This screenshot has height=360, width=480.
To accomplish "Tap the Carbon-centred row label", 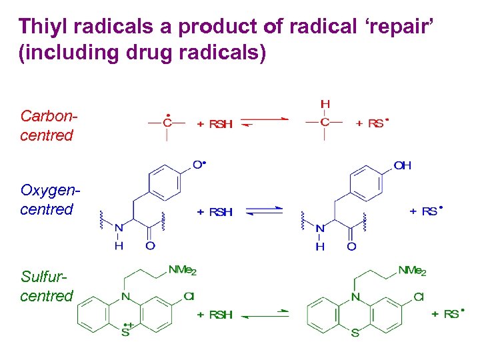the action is click(47, 125).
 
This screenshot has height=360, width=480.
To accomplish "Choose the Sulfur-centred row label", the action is click(47, 285).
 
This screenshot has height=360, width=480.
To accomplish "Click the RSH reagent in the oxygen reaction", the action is click(219, 212).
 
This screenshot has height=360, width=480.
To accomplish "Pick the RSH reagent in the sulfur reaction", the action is click(219, 314).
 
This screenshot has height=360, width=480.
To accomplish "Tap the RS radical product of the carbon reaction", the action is click(377, 123).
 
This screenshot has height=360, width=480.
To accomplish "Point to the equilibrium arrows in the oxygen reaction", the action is click(265, 212).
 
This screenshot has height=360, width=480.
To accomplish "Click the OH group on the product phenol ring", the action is click(403, 165).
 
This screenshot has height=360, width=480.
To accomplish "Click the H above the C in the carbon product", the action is click(325, 105).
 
